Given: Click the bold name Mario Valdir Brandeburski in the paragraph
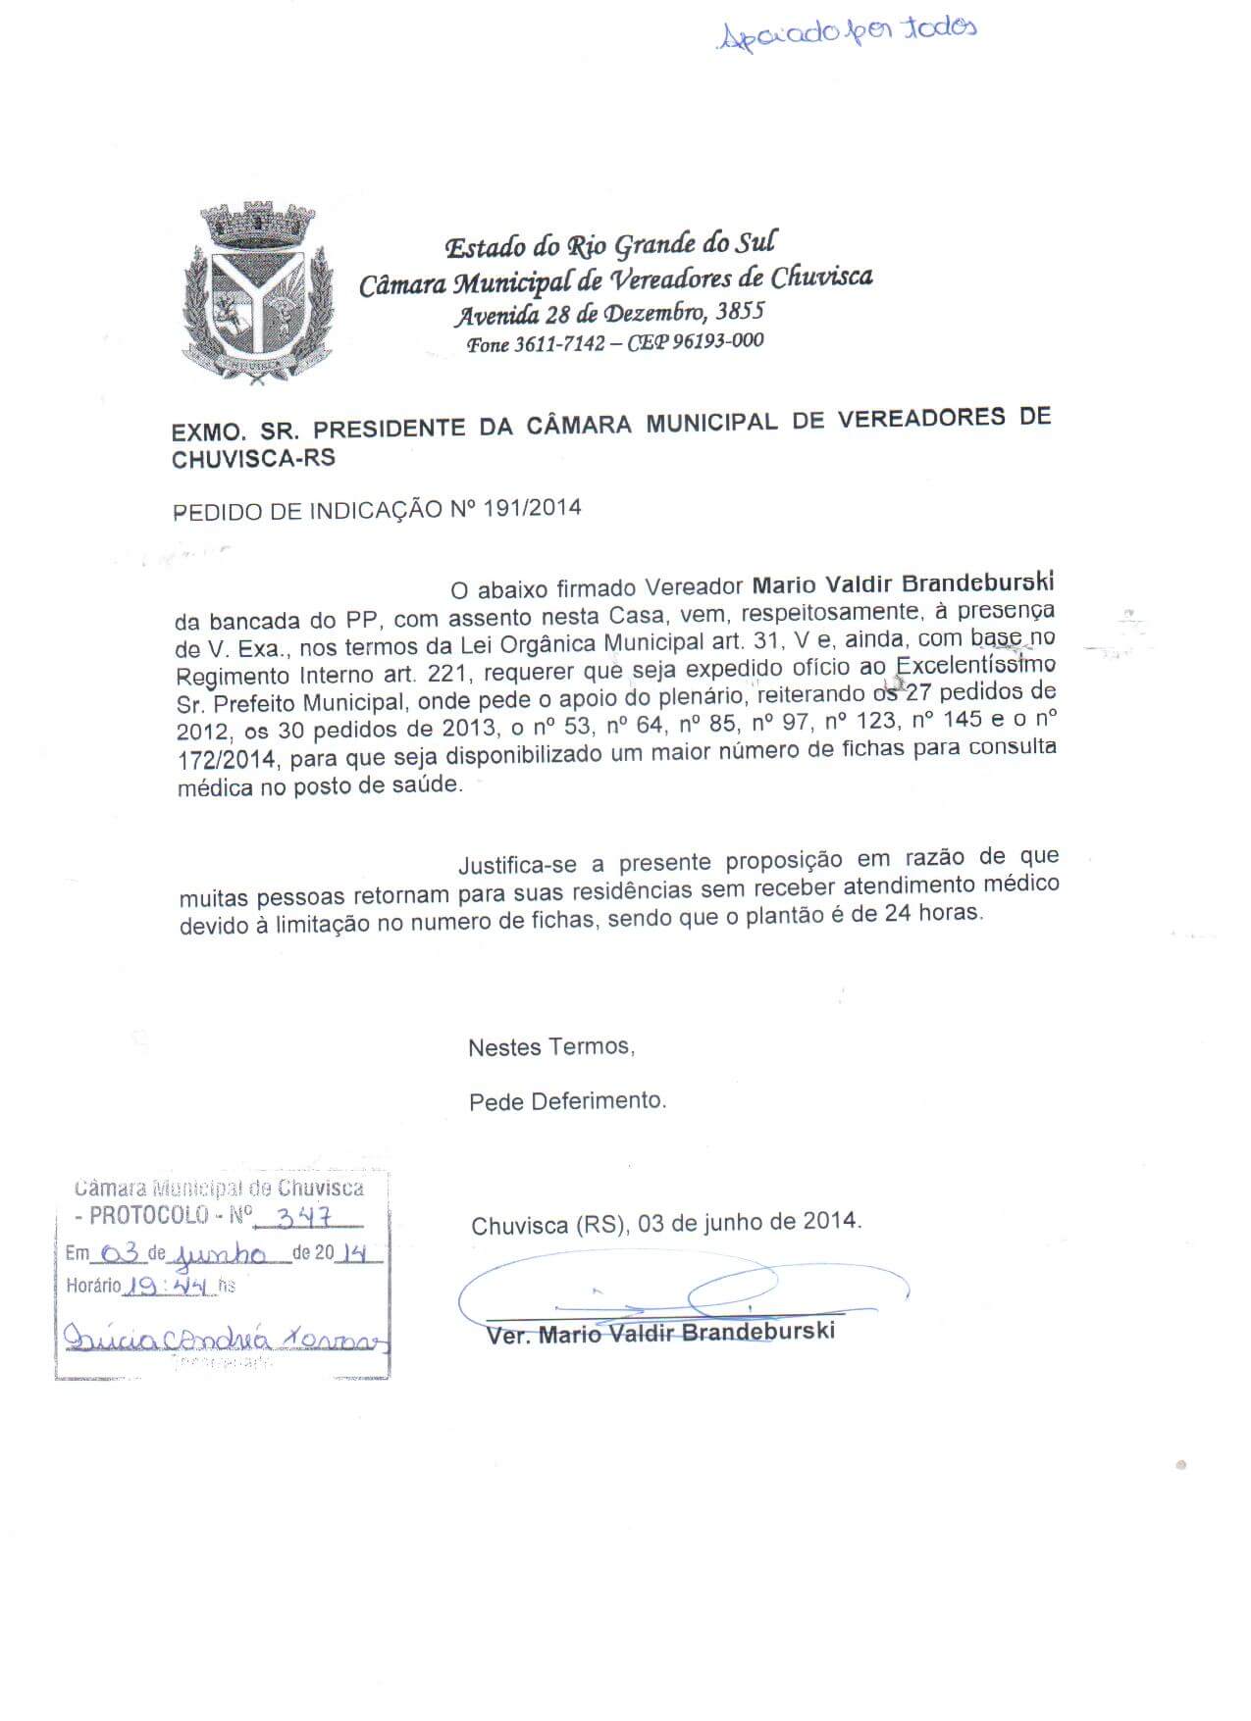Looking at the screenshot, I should click(903, 584).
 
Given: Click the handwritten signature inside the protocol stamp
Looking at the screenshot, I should click(226, 1338).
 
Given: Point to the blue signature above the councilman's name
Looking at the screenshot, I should click(677, 1292).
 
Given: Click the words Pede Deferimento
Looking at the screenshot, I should click(567, 1101).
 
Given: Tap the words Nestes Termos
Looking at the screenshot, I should click(550, 1047).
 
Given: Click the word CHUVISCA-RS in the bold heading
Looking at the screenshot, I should click(253, 458).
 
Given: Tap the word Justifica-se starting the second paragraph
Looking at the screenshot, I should click(518, 865).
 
